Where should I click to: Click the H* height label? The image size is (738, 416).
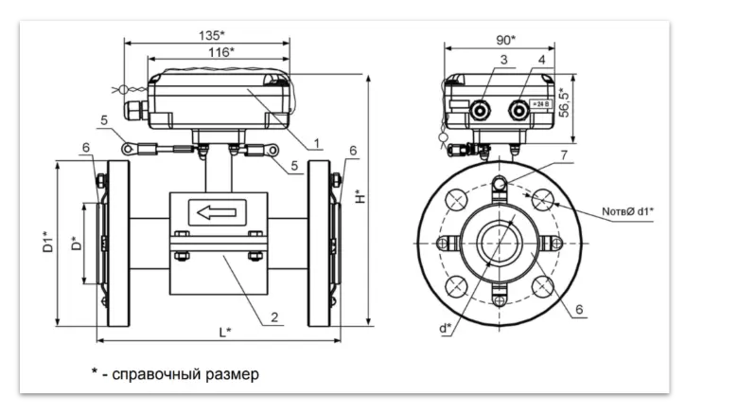pyautogui.click(x=359, y=198)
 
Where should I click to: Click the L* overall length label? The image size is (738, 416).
pyautogui.click(x=225, y=332)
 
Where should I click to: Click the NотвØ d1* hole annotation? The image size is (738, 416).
pyautogui.click(x=627, y=211)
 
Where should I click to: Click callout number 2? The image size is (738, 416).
pyautogui.click(x=273, y=317)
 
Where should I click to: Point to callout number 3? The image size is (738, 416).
pyautogui.click(x=503, y=60)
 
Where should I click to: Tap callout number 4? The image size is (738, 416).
pyautogui.click(x=540, y=60)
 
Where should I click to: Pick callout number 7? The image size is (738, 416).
pyautogui.click(x=562, y=154)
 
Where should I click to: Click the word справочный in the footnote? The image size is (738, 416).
pyautogui.click(x=155, y=374)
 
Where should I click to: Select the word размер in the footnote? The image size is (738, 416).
pyautogui.click(x=230, y=374)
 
